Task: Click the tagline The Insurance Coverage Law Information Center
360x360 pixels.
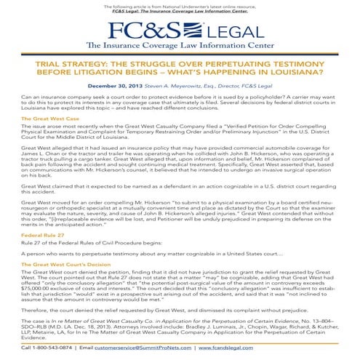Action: tap(180, 46)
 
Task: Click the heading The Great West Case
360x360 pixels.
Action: tap(49, 118)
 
